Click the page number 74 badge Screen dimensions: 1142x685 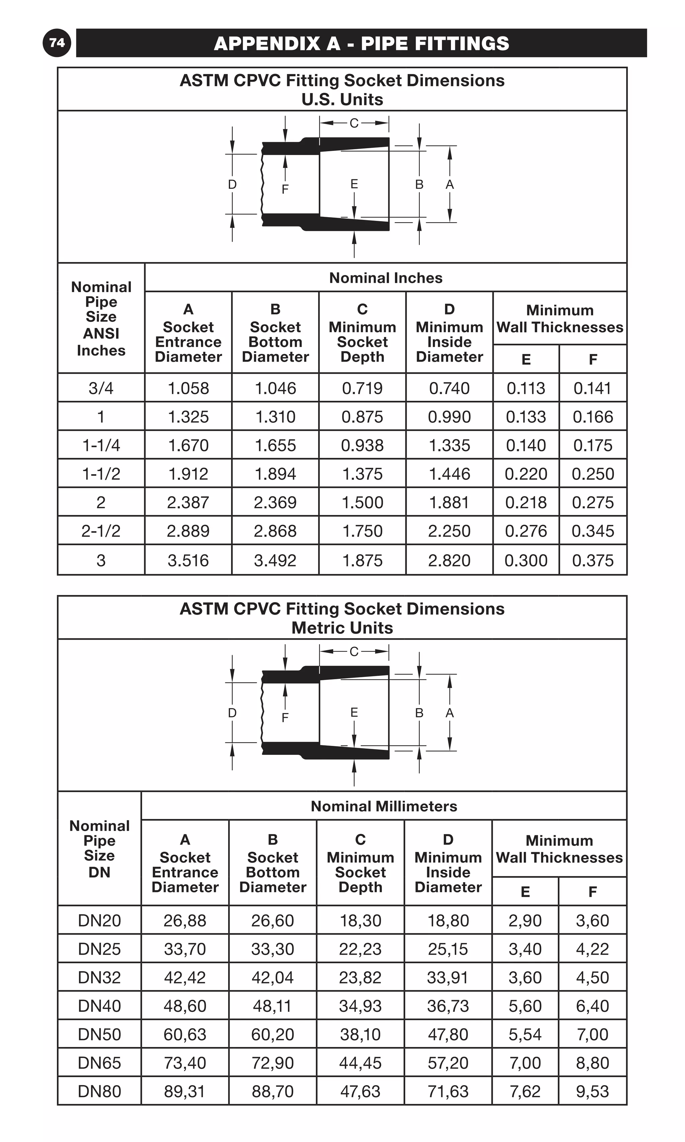[x=57, y=43]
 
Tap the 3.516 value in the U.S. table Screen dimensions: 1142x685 [x=188, y=560]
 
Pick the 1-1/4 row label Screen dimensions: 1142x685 [x=101, y=445]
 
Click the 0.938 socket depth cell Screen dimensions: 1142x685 [x=362, y=445]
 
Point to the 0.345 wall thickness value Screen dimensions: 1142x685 [x=593, y=531]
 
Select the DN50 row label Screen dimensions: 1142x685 [x=99, y=1034]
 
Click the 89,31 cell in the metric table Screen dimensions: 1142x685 [x=185, y=1091]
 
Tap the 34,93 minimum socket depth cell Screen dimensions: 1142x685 [x=361, y=1006]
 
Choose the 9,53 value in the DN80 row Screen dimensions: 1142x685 [x=593, y=1091]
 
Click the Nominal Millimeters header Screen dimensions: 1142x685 [x=384, y=806]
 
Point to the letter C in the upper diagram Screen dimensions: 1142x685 [x=354, y=123]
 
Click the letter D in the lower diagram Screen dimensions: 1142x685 [x=232, y=713]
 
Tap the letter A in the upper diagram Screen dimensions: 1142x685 [x=450, y=185]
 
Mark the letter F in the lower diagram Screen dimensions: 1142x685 [x=285, y=717]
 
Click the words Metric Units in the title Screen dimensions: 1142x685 [x=342, y=628]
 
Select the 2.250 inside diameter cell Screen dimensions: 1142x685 [x=449, y=531]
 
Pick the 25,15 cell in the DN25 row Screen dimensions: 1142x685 [x=448, y=949]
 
